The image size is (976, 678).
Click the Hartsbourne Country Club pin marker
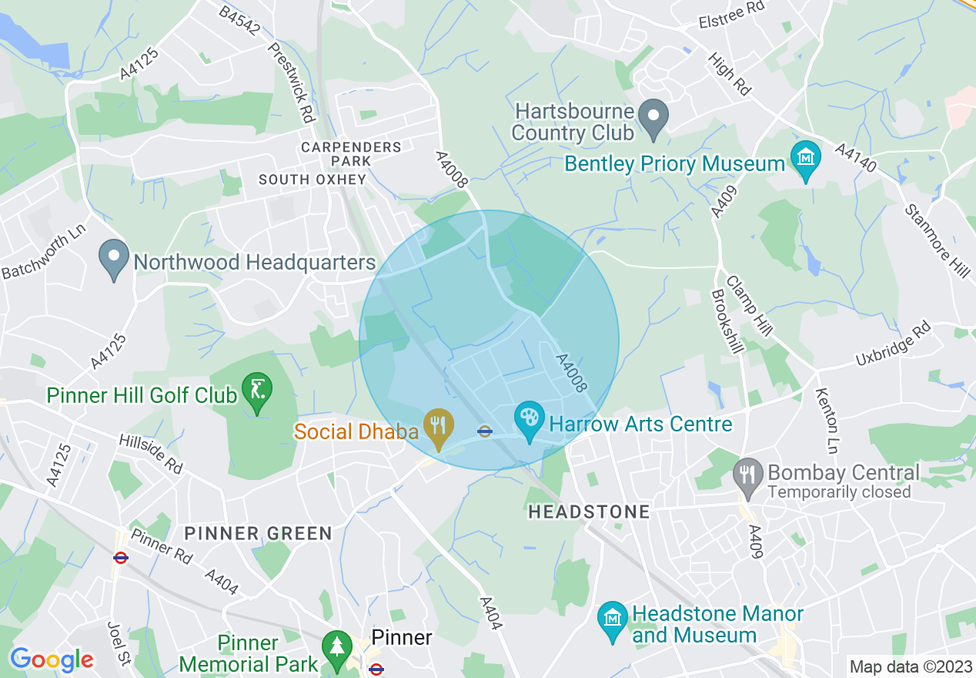(653, 118)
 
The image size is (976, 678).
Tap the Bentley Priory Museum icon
(805, 158)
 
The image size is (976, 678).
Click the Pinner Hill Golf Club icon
(256, 390)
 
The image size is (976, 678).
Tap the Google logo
(52, 660)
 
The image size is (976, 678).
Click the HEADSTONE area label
(588, 512)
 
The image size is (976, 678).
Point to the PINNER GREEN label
(258, 533)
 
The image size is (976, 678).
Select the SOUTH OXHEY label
(313, 180)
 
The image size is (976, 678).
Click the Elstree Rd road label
(732, 22)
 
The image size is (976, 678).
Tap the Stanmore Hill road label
(937, 241)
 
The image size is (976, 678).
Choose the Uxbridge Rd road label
(893, 344)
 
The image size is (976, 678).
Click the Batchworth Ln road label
(43, 251)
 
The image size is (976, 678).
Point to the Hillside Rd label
(151, 455)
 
